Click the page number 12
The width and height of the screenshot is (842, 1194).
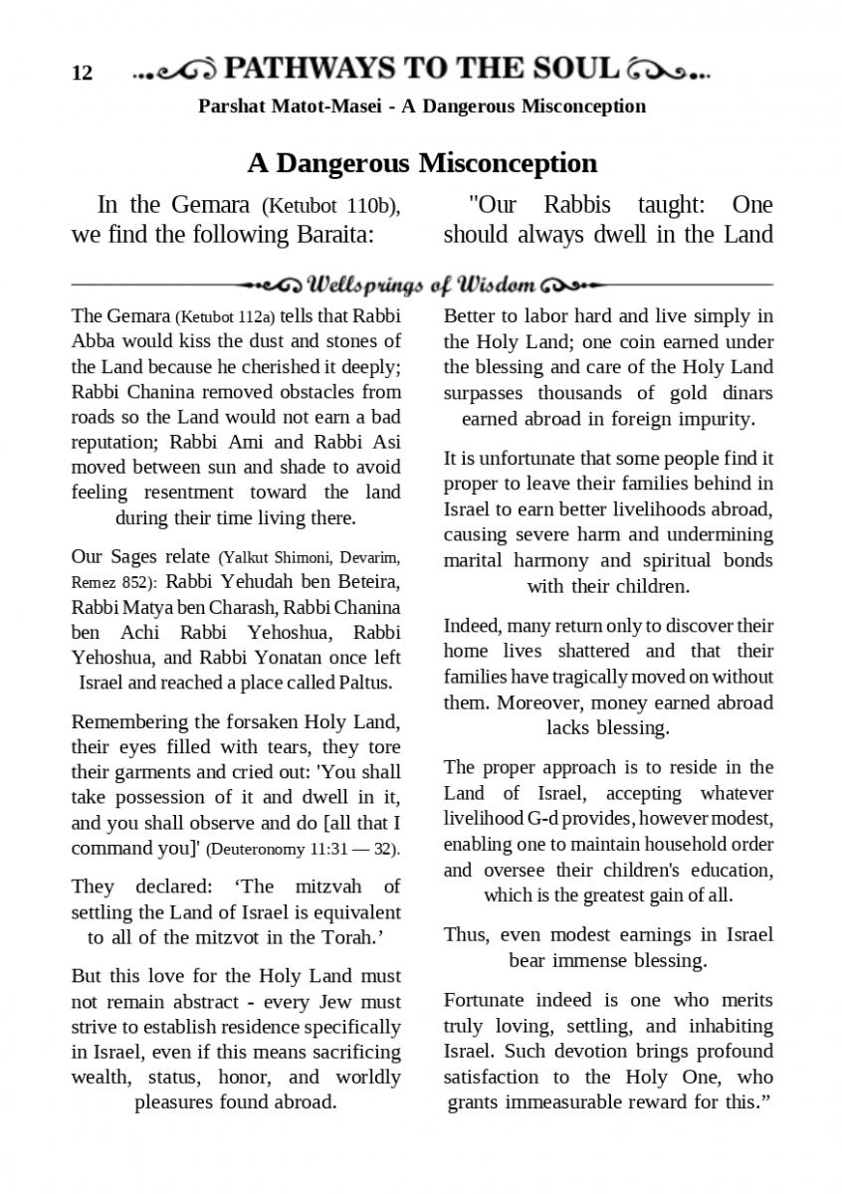[x=83, y=73]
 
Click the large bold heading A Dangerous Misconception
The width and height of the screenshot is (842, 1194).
[x=422, y=162]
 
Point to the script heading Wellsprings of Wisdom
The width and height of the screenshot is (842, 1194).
[x=422, y=287]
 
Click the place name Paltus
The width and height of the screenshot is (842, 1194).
[x=364, y=683]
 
